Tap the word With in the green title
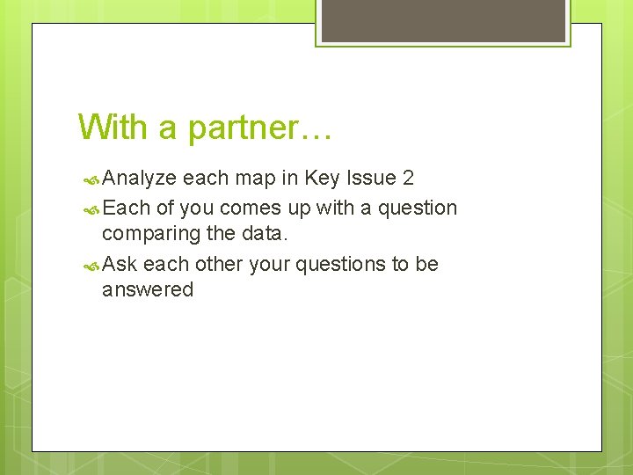(x=113, y=127)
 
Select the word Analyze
(x=139, y=179)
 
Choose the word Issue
(x=372, y=178)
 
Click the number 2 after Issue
(x=408, y=178)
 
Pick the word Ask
(x=120, y=264)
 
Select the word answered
(x=147, y=290)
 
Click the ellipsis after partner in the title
(x=316, y=132)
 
